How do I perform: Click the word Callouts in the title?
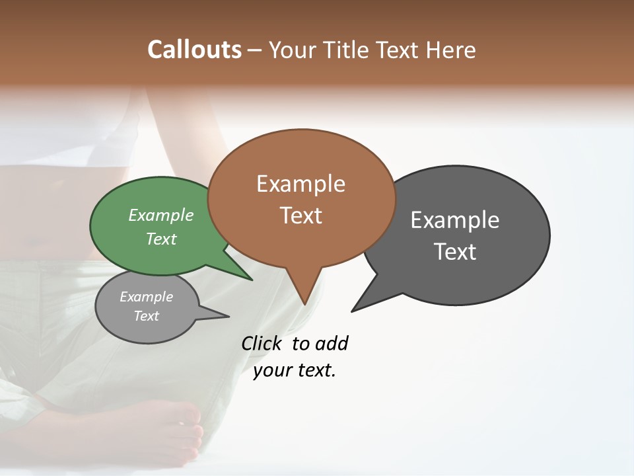194,50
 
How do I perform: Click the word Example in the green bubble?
161,216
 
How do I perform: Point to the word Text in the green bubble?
161,239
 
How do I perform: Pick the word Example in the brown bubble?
300,184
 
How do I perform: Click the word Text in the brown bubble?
300,216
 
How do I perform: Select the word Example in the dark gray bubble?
455,220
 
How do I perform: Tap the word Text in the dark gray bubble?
455,252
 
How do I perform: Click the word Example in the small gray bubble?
147,297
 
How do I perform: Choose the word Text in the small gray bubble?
147,316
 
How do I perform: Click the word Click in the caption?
262,344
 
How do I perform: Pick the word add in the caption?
332,344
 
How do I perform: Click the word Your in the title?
288,50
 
